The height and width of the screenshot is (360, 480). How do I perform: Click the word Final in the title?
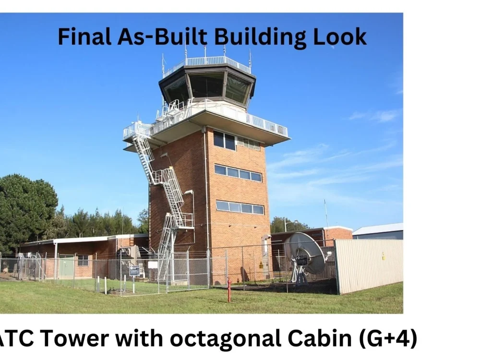point(84,36)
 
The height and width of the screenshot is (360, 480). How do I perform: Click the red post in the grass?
point(229,290)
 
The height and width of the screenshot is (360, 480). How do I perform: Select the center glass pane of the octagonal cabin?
point(206,85)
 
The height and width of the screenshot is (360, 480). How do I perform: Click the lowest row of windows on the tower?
point(240,207)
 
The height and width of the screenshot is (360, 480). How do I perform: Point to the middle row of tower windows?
point(238,173)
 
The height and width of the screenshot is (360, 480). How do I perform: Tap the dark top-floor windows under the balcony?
point(224,141)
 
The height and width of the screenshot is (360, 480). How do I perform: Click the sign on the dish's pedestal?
point(302,260)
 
